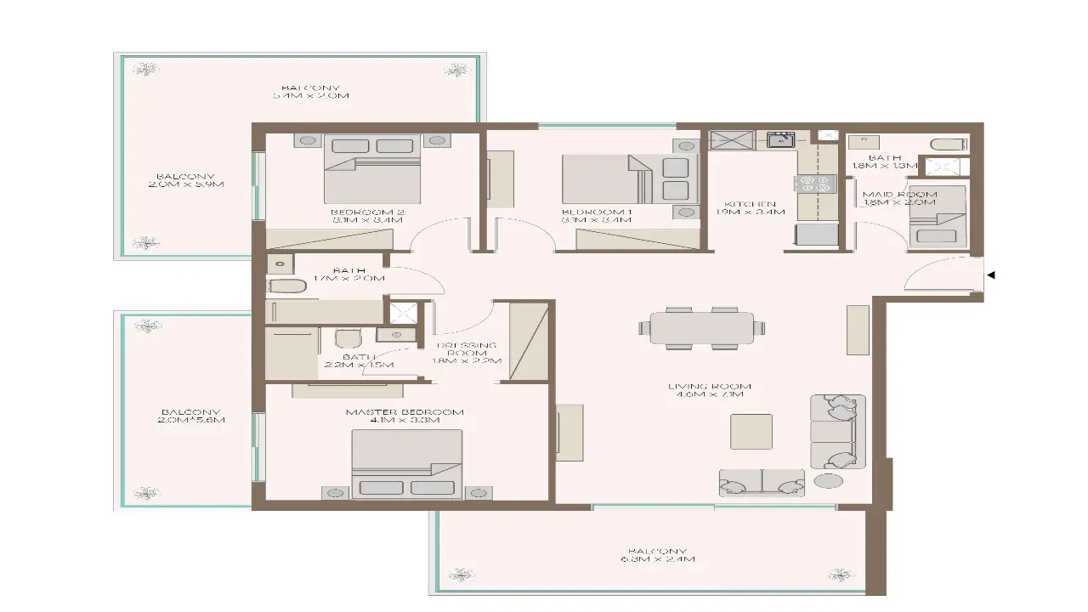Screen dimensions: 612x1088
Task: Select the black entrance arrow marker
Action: (x=990, y=275)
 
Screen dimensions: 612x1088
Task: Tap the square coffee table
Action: (x=751, y=432)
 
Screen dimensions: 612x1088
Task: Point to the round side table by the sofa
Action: (x=828, y=481)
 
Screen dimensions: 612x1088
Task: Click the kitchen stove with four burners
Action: (x=815, y=184)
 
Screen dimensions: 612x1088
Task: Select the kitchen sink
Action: (x=780, y=139)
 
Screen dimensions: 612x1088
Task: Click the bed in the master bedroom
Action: (x=407, y=463)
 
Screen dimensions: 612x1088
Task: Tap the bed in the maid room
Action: (x=937, y=218)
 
